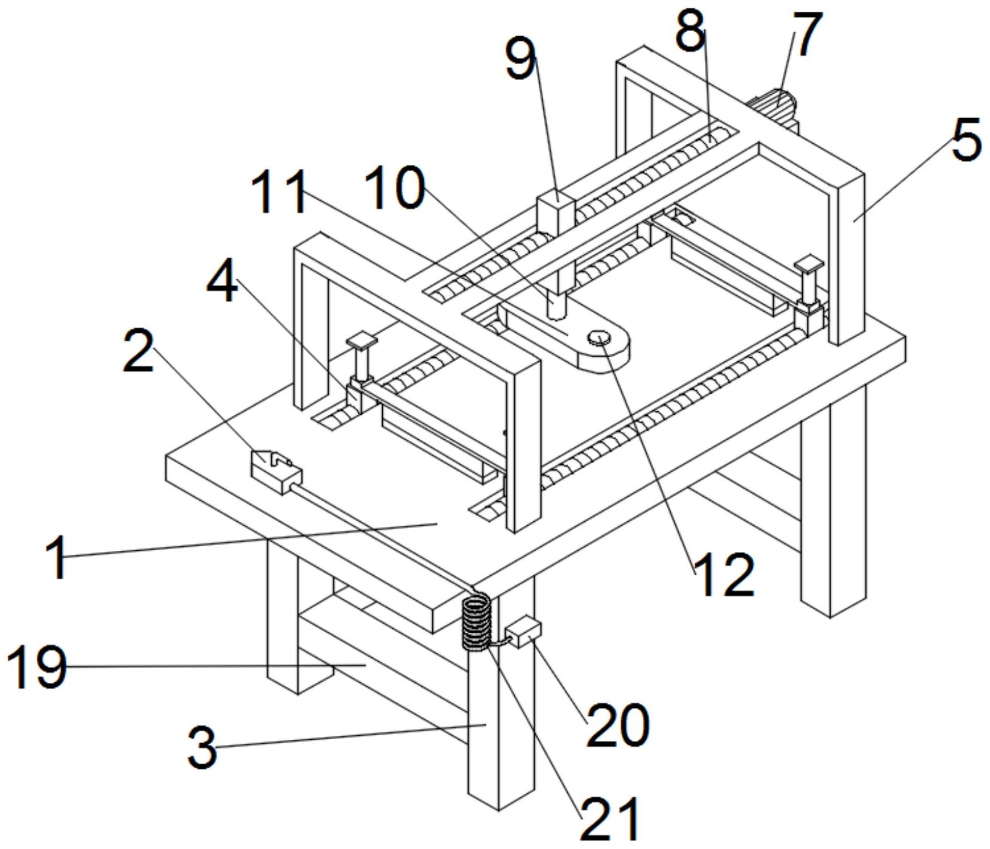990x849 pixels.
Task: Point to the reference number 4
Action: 222,283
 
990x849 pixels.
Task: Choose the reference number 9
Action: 520,59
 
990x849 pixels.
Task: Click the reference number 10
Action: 394,188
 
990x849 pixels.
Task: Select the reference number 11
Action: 279,191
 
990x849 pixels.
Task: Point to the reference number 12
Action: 725,575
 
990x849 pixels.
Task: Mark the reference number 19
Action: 37,666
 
